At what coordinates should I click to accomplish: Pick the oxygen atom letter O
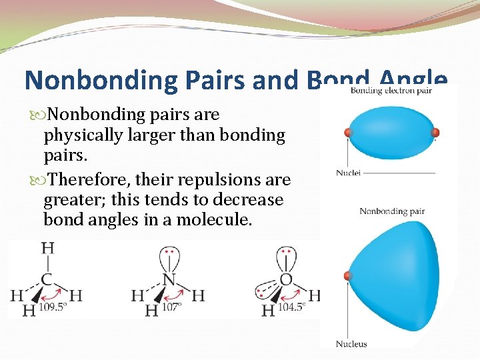tap(287, 279)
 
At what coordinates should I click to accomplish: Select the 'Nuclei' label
tap(349, 173)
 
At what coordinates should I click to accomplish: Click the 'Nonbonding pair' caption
tap(392, 211)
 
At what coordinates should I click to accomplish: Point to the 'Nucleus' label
tap(351, 344)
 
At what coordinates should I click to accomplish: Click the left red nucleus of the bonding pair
tap(348, 133)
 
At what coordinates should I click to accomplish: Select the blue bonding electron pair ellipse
tap(391, 133)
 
